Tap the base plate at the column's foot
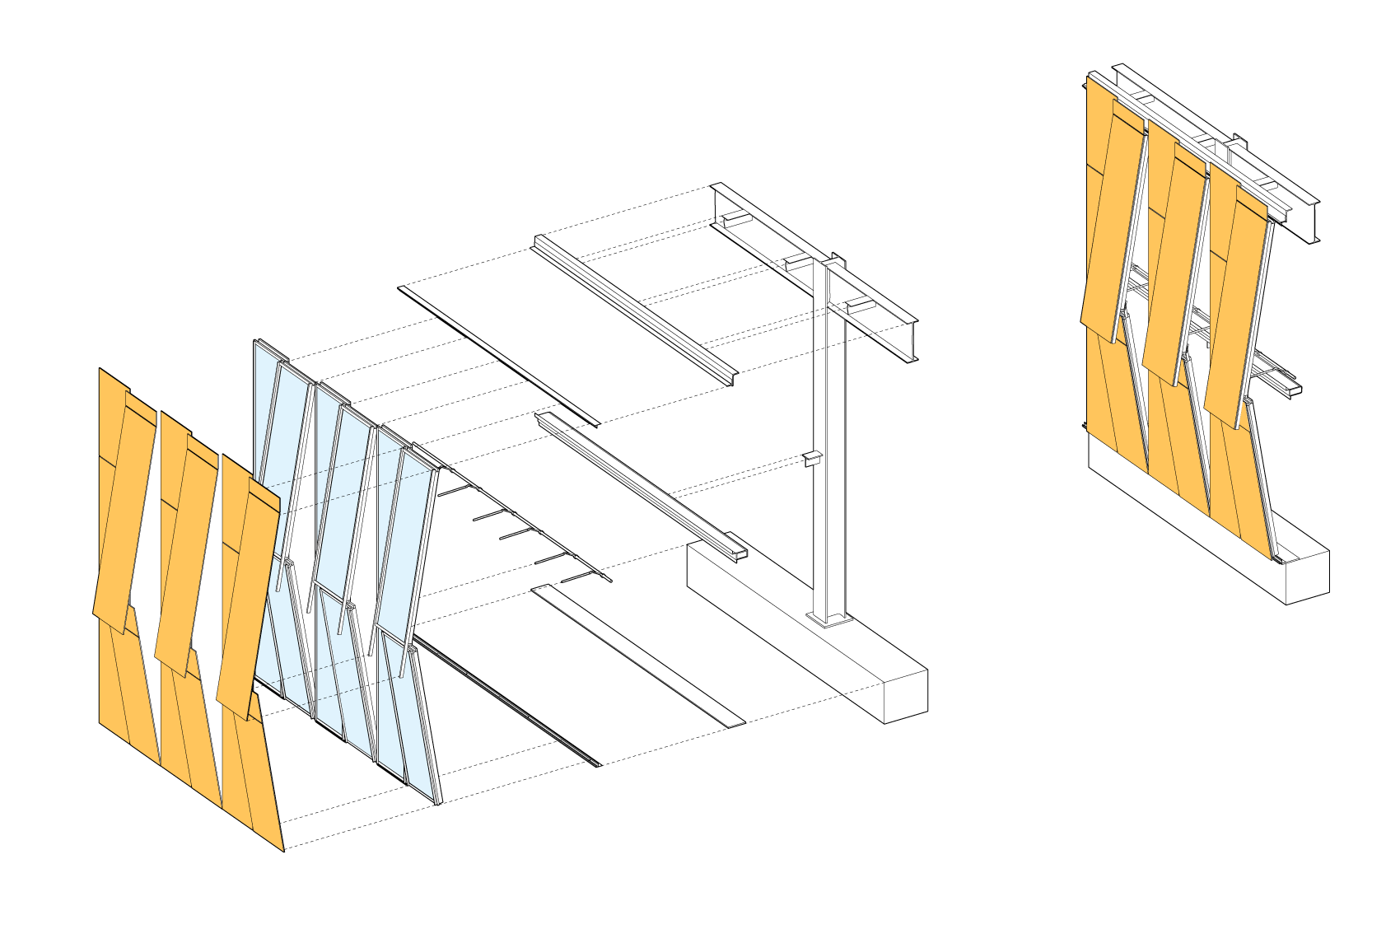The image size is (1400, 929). [x=829, y=618]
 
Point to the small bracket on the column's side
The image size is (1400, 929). [x=812, y=459]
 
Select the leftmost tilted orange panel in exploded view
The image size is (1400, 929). [x=124, y=511]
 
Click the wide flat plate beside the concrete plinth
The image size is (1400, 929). [x=638, y=655]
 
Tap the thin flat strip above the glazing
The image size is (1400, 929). [x=498, y=354]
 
